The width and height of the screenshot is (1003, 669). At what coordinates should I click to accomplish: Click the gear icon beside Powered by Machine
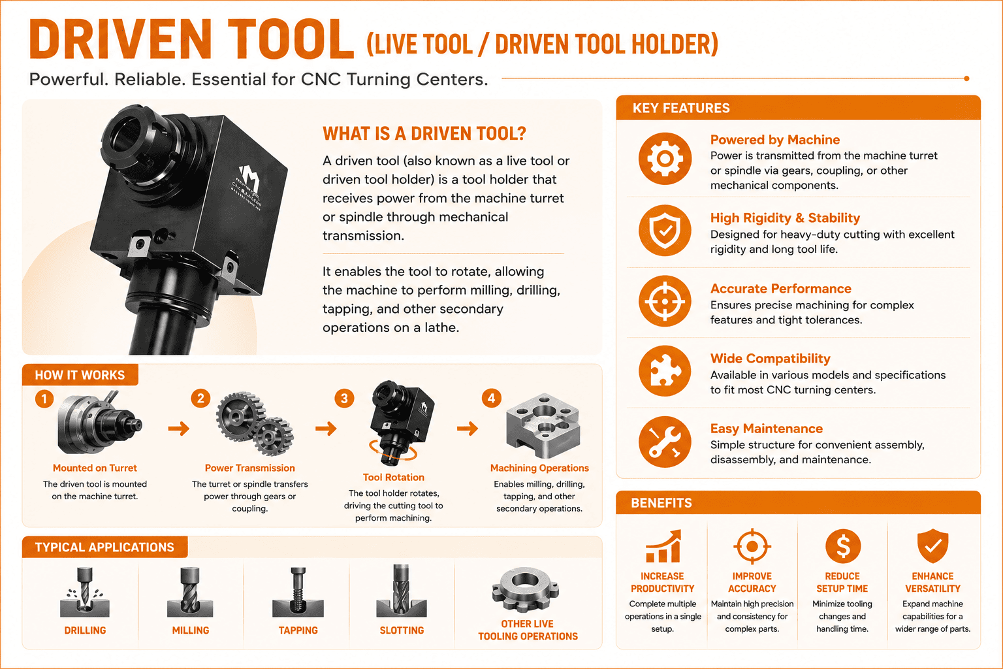tap(665, 159)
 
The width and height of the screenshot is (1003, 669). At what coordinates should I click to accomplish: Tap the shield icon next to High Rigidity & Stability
tap(665, 231)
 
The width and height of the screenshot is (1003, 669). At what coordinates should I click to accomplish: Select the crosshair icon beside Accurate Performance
tap(665, 301)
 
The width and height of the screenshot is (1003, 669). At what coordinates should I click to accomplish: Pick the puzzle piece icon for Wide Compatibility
tap(665, 371)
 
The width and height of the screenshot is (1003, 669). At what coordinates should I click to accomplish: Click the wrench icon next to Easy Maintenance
tap(665, 442)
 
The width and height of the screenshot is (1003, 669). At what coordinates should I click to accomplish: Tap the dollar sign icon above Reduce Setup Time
tap(843, 546)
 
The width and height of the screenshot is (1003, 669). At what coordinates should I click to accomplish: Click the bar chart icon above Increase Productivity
tap(663, 546)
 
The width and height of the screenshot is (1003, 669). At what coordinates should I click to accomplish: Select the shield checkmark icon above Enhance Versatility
tap(932, 546)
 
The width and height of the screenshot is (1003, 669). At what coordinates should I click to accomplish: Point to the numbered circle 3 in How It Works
tap(344, 399)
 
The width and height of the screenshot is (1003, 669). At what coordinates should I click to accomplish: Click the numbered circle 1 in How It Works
tap(44, 399)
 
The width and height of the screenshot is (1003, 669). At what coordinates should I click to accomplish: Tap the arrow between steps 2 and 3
tap(326, 429)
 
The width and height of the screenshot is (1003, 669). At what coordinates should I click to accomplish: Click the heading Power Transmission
tap(250, 468)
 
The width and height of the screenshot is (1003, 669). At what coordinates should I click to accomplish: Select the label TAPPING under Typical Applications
tap(298, 630)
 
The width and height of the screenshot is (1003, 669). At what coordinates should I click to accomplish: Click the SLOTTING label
tap(402, 630)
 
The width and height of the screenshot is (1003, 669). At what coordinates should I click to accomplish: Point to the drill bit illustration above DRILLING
tap(85, 591)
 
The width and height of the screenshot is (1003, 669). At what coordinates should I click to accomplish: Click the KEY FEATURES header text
tap(681, 108)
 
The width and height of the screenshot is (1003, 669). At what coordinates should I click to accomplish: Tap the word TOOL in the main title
tap(291, 39)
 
